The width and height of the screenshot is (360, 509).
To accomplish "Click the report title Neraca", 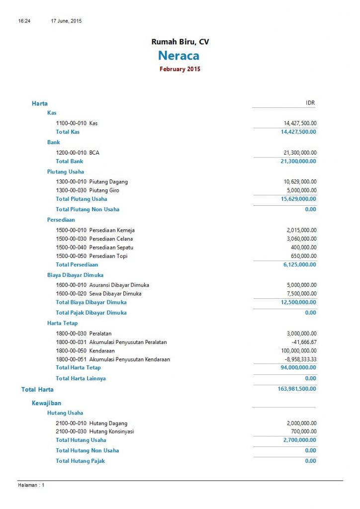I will (180, 55).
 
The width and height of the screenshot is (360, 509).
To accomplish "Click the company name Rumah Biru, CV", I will (180, 42).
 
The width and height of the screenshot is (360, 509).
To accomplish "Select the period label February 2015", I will (180, 69).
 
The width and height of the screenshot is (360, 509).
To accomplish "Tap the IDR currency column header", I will (310, 103).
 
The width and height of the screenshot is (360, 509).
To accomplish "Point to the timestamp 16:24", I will (24, 21).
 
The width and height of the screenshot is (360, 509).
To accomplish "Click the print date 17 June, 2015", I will (66, 21).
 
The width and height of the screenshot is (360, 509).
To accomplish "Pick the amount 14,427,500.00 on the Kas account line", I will (300, 123).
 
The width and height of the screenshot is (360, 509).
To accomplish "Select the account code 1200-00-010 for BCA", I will (71, 153).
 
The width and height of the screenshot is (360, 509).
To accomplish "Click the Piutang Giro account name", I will (104, 190).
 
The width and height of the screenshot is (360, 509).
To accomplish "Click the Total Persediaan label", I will (77, 264).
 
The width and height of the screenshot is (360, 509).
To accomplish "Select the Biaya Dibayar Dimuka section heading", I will (75, 275).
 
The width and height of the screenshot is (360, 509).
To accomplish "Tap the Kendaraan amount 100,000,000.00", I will (297, 350).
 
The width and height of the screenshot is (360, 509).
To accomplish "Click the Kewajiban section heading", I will (47, 403).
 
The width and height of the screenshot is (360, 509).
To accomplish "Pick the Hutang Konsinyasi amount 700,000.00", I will (303, 431).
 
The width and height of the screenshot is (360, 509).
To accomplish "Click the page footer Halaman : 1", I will (31, 485).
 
